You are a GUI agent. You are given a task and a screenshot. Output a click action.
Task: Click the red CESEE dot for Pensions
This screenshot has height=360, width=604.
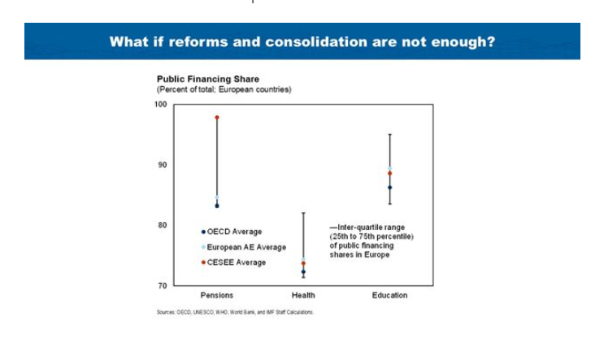point(217,118)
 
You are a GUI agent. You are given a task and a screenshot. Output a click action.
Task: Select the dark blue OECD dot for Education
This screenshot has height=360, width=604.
point(389,188)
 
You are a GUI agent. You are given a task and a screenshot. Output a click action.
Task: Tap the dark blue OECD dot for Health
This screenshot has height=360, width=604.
point(303,271)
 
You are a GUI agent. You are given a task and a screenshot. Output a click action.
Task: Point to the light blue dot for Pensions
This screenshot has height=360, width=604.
point(217,197)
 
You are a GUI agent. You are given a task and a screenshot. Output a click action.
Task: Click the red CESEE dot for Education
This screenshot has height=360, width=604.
point(389,173)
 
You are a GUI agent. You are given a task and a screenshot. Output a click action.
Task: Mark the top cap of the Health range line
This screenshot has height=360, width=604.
point(303,213)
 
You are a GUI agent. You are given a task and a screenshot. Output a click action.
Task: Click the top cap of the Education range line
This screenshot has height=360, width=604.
point(389,134)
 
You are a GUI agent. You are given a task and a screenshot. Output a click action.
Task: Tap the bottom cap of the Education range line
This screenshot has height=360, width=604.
point(389,204)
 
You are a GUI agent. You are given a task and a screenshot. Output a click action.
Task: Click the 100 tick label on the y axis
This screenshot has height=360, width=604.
point(160,104)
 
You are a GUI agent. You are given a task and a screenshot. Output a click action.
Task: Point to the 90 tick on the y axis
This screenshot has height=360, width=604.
point(163,165)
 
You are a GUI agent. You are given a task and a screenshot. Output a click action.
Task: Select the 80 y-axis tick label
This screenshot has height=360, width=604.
point(163,225)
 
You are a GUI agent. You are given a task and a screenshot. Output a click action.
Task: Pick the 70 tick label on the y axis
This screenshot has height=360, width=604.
point(163,286)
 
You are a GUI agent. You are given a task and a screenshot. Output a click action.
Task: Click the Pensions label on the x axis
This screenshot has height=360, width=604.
point(217,296)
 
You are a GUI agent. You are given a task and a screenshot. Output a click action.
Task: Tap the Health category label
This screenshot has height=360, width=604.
point(303,296)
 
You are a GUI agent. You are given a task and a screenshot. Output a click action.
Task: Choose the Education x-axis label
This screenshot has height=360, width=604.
point(389,296)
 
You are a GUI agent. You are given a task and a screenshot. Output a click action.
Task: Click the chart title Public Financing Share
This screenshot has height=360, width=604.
point(201,80)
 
